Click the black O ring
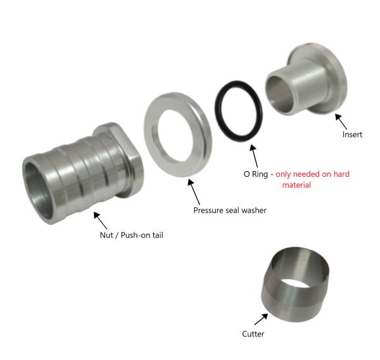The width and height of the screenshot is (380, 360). click(216, 110)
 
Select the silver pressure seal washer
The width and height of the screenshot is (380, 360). click(151, 135)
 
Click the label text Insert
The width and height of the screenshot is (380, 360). click(352, 134)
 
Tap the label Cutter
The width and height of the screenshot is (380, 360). click(253, 334)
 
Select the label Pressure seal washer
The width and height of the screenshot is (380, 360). click(230, 210)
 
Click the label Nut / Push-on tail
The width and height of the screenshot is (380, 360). click(131, 235)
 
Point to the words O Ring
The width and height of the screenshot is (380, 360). click(256, 174)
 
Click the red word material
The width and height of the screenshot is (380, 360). click(296, 185)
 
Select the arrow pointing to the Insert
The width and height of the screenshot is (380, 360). click(341, 122)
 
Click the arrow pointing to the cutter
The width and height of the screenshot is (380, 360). click(261, 319)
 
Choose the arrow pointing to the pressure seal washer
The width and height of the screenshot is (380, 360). click(194, 191)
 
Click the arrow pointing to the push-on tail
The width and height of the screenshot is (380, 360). click(100, 221)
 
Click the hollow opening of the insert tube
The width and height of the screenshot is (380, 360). click(279, 94)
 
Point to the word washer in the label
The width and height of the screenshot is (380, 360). click(254, 210)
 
